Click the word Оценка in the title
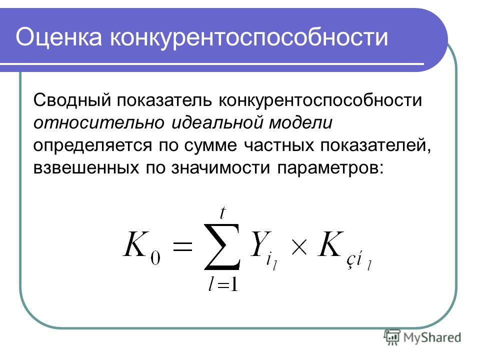[58, 37]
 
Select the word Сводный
[72, 100]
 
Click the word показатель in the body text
[164, 100]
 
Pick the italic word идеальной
[217, 123]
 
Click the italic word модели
[300, 123]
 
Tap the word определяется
[92, 145]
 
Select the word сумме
[210, 146]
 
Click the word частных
[279, 145]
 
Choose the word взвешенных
[86, 168]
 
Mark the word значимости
[220, 168]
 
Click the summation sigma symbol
[222, 246]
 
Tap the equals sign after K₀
[183, 246]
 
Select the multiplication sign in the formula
[299, 247]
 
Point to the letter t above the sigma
[223, 212]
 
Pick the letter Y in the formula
[260, 244]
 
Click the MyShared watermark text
[432, 337]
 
